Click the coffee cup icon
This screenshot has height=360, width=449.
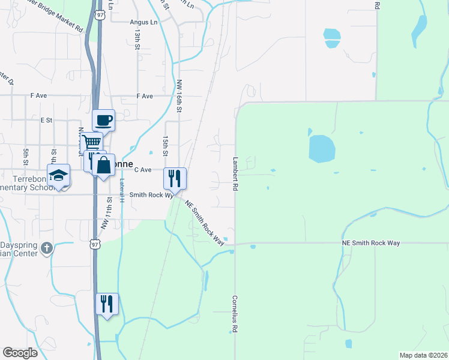(103, 119)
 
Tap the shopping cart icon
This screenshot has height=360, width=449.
(91, 142)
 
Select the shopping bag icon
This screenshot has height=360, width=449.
(104, 165)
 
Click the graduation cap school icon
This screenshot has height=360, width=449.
(59, 175)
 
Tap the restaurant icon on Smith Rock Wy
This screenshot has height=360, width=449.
(175, 178)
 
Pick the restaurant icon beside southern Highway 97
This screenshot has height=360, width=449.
(107, 304)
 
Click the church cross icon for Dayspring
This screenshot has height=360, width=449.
(47, 248)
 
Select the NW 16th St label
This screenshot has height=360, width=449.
(179, 96)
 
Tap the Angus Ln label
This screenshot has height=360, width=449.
(143, 22)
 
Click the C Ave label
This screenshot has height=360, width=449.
(142, 170)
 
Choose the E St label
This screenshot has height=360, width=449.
(46, 120)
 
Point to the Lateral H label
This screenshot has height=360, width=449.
(121, 191)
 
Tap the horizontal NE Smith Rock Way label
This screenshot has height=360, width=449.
(370, 242)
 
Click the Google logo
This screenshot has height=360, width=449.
(20, 353)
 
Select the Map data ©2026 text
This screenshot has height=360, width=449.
(423, 355)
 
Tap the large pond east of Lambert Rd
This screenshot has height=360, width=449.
(322, 148)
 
